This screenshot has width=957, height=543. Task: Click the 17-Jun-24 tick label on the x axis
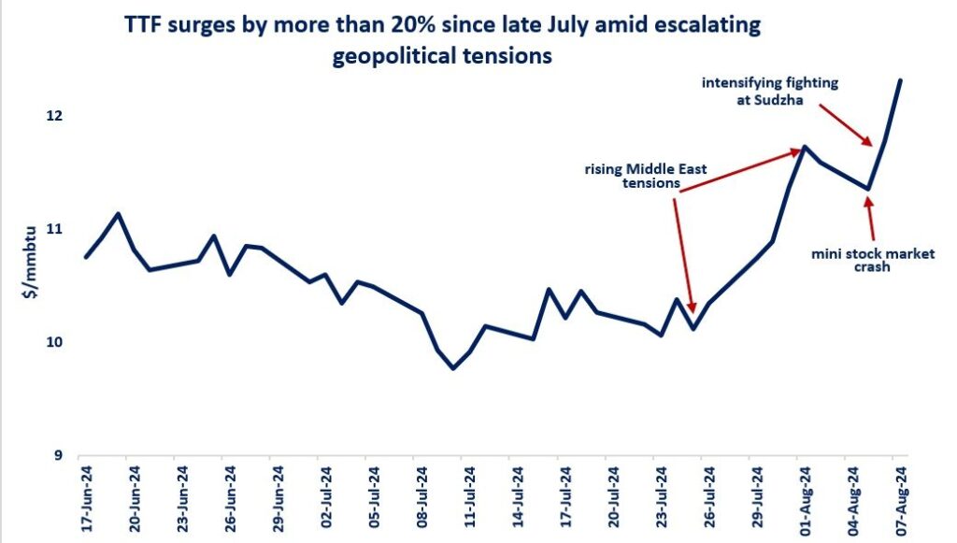click(x=86, y=499)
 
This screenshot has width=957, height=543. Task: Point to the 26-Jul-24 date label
click(x=707, y=499)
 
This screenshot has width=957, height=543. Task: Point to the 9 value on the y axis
click(x=59, y=456)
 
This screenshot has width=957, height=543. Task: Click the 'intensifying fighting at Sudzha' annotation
click(x=770, y=90)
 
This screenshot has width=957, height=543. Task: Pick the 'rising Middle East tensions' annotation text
click(x=646, y=177)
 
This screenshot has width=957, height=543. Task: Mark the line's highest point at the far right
click(x=900, y=80)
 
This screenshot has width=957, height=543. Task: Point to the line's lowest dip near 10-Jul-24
click(x=453, y=368)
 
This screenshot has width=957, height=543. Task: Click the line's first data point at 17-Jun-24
click(x=86, y=257)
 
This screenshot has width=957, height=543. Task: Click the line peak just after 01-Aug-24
click(x=804, y=147)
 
